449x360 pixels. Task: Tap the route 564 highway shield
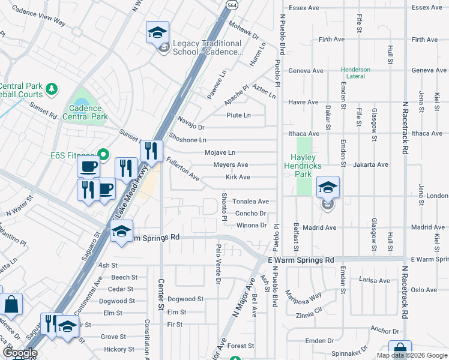(231, 4)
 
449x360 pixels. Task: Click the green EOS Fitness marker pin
(103, 155)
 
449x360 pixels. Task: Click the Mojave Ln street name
(220, 153)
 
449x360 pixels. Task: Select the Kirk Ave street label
(238, 178)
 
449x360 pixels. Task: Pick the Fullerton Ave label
(183, 169)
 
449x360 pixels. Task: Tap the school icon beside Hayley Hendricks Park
(328, 188)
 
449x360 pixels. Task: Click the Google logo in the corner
(19, 353)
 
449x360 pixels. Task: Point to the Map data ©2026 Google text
(411, 355)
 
